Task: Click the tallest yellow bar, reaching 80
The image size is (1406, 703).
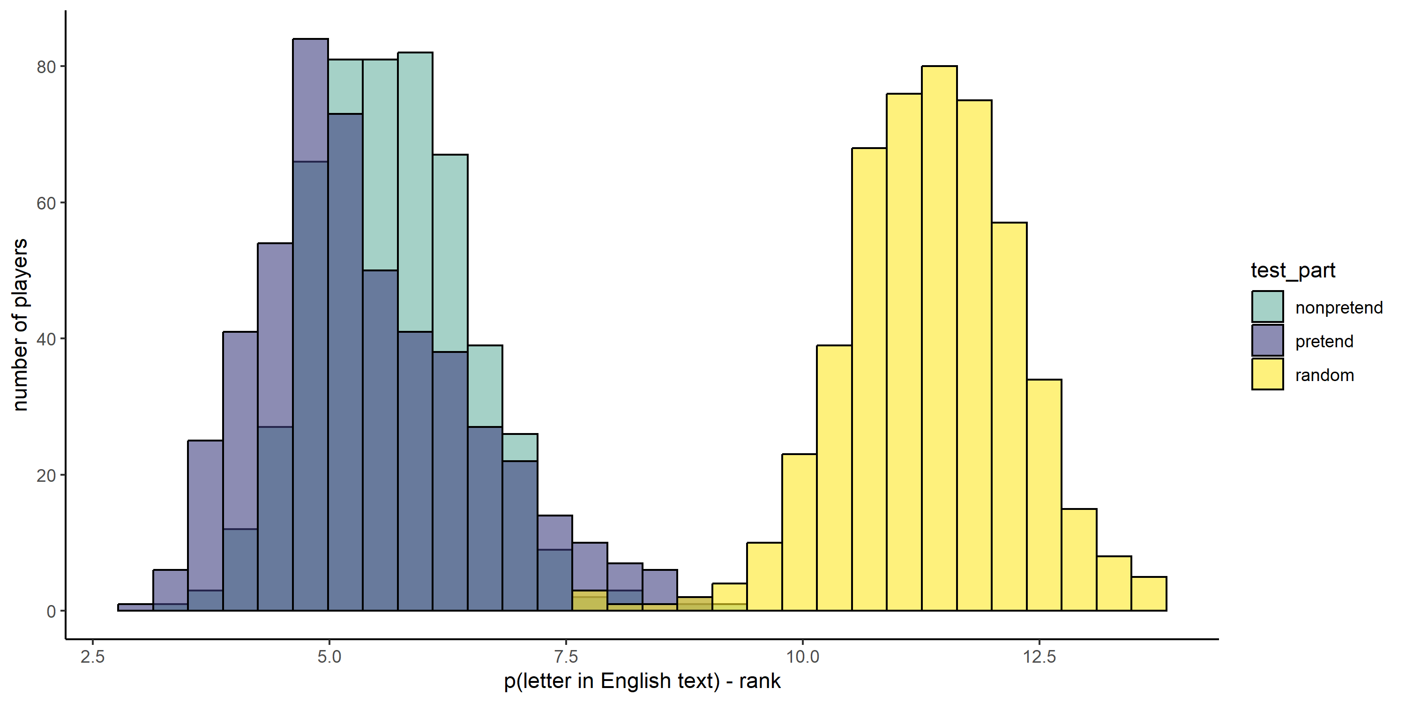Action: (939, 338)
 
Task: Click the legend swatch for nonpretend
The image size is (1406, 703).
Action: (1267, 307)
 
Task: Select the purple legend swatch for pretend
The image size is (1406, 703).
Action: (1267, 341)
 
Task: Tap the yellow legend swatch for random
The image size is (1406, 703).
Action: (1267, 374)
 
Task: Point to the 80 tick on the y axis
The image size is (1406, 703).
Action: (46, 67)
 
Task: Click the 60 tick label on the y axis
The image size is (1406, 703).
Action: (46, 203)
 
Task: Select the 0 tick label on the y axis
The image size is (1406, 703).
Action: (51, 611)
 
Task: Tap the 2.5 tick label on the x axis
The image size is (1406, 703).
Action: (92, 657)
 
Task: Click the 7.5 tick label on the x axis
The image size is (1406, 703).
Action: (566, 657)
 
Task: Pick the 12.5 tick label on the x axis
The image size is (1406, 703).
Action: (1039, 657)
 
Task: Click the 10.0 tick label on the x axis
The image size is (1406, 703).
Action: (802, 657)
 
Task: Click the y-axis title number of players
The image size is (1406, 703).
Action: (20, 325)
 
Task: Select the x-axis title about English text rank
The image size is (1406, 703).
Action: (642, 681)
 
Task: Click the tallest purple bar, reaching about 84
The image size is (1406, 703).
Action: (310, 98)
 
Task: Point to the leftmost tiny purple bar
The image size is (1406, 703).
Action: (135, 607)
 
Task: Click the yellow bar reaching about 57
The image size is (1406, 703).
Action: (1009, 415)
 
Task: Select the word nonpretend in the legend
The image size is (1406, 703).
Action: (1339, 308)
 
